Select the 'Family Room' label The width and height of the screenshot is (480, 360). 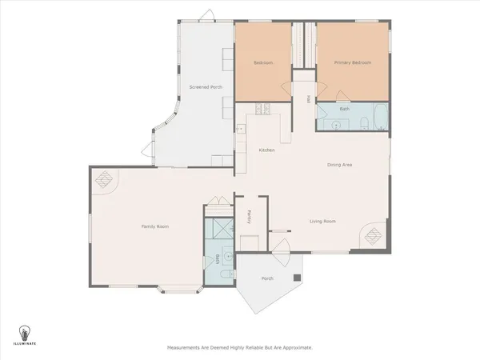(155, 226)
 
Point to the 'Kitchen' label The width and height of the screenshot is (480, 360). (266, 150)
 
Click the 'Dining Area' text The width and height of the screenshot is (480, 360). (340, 165)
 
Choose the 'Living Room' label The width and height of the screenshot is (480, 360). (322, 221)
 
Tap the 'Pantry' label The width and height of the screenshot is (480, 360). (250, 214)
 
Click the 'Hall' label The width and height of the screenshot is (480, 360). (308, 99)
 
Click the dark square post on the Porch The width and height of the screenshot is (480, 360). (297, 278)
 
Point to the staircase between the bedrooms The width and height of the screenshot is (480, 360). (303, 47)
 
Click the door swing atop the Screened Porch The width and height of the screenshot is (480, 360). (206, 16)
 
